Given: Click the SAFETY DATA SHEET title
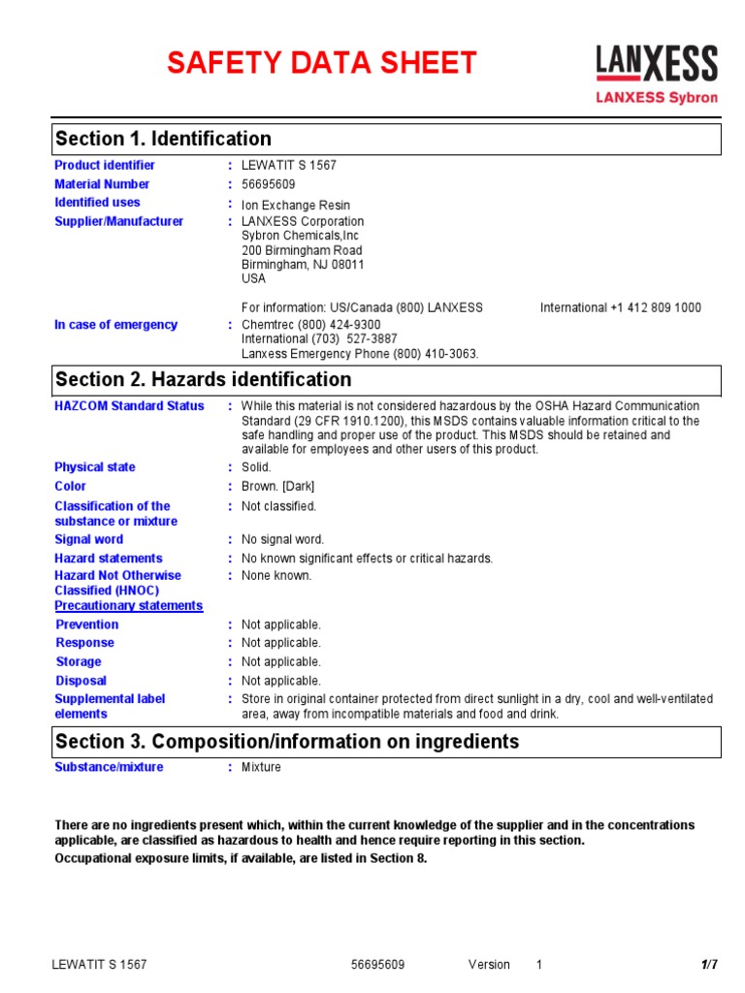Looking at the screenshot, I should [x=321, y=63].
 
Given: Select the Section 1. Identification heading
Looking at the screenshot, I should [x=163, y=139].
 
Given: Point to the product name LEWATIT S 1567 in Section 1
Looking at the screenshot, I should [x=289, y=166].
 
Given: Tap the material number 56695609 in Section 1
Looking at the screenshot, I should [x=269, y=184].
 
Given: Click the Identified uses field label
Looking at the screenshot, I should [x=97, y=203].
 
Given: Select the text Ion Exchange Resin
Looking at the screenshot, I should [x=296, y=206].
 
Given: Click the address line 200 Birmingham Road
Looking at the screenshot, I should [x=302, y=250].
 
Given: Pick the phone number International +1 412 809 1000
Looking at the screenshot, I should [x=621, y=307].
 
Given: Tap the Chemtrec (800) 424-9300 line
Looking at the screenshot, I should [x=311, y=325].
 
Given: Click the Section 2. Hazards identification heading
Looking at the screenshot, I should [x=203, y=380].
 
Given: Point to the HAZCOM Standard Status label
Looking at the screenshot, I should [x=129, y=406].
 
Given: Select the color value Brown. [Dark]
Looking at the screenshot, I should [x=278, y=487].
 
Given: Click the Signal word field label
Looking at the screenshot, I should [x=89, y=539].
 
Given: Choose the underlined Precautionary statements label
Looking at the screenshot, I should [x=128, y=606].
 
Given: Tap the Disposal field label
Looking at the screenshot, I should [x=81, y=681].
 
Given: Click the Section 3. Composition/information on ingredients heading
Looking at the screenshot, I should [x=287, y=742].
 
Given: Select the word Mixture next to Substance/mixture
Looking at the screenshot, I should [x=261, y=767].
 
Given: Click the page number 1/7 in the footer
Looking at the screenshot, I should [x=709, y=965].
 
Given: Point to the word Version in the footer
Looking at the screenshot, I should [x=489, y=965].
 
